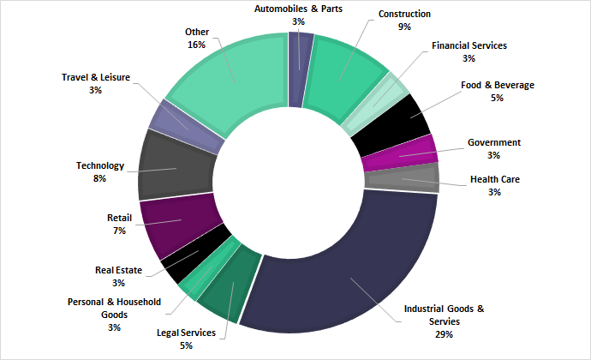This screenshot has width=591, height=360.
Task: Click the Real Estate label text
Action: coord(118,271)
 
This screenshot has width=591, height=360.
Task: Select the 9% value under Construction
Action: coord(404,27)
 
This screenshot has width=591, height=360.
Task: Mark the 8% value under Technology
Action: coord(99,178)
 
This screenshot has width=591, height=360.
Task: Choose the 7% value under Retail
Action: coord(119,231)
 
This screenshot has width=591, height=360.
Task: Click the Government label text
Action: coord(494,142)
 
